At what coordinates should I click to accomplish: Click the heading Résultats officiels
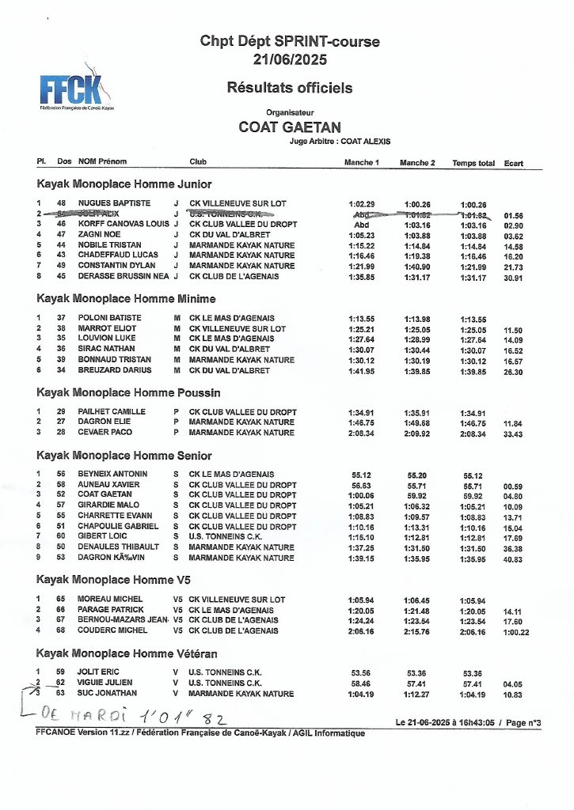pos(289,88)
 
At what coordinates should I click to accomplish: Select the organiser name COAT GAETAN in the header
pos(290,127)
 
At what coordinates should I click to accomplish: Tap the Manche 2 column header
pos(417,163)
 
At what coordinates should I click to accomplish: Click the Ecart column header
pos(513,164)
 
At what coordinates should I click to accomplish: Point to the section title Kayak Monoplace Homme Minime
pos(126,298)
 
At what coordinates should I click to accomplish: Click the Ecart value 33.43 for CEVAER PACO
pos(513,433)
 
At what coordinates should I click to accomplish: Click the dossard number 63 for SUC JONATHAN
pos(60,693)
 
